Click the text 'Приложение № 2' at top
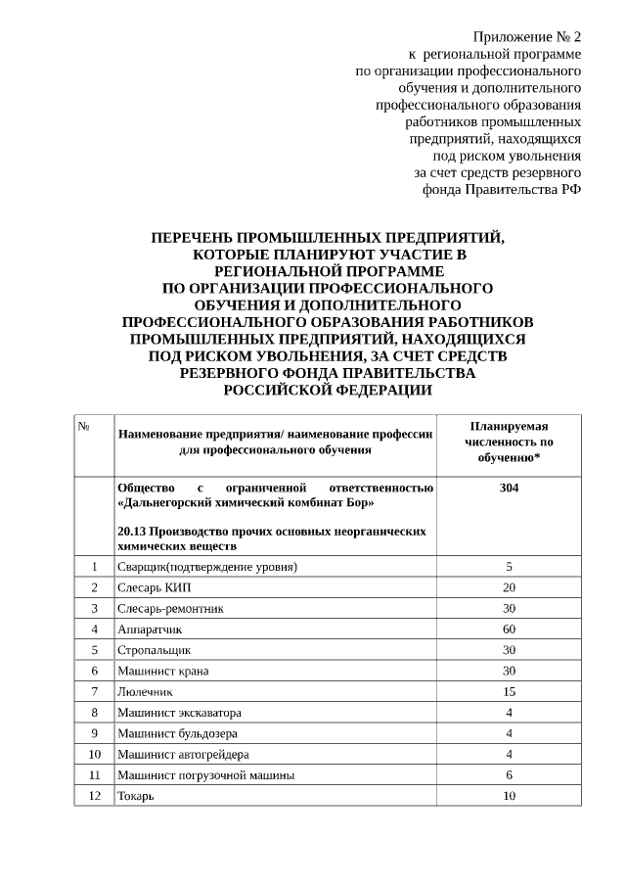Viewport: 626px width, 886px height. click(526, 36)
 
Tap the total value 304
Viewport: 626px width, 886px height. click(509, 488)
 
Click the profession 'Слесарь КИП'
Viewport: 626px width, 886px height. click(155, 587)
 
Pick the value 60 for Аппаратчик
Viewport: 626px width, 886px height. click(509, 629)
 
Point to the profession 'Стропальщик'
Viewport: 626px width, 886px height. click(154, 649)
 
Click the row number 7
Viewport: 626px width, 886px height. click(94, 691)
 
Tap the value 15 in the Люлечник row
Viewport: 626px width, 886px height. click(509, 691)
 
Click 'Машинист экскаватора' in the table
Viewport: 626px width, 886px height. click(179, 713)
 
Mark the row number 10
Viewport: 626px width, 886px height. click(94, 754)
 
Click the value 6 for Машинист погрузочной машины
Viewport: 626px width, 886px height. click(509, 774)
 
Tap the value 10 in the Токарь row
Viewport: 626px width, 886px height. click(509, 796)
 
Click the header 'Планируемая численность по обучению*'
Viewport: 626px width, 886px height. click(509, 442)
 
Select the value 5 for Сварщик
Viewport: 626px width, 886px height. click(509, 567)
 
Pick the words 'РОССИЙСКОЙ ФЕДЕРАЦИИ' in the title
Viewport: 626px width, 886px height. click(328, 390)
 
